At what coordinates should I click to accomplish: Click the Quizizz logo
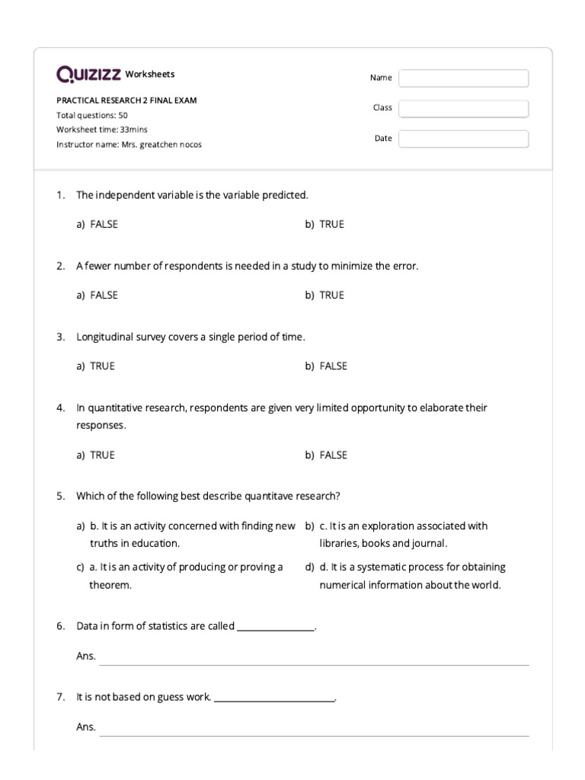(88, 74)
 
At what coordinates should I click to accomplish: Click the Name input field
(463, 78)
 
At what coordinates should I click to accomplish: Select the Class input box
(463, 108)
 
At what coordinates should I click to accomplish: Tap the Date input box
(463, 139)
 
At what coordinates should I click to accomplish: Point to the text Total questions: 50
(92, 115)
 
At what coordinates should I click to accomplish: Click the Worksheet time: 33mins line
(102, 129)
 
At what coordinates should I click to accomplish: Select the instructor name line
(129, 144)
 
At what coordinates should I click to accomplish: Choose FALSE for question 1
(104, 224)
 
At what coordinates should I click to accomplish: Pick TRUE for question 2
(331, 295)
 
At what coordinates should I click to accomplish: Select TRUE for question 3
(102, 366)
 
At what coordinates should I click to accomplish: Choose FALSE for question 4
(333, 455)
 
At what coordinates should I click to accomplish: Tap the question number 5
(60, 496)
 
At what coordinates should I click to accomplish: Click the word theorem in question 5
(110, 585)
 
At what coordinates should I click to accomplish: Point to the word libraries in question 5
(338, 543)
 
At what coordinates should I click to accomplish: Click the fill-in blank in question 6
(276, 627)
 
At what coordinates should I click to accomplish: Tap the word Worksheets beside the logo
(150, 74)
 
